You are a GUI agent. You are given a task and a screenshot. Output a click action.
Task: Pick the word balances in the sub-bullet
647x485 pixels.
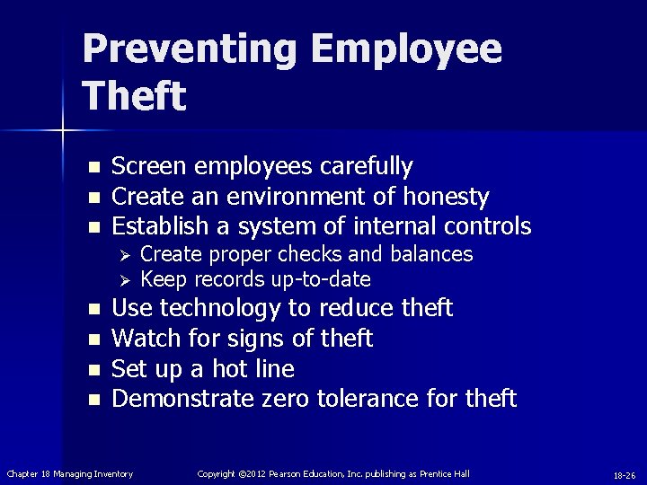pos(432,254)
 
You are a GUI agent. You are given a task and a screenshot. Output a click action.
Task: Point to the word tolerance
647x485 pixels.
pos(373,398)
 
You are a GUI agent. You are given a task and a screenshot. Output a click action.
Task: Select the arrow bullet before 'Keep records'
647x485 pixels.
pos(127,278)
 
